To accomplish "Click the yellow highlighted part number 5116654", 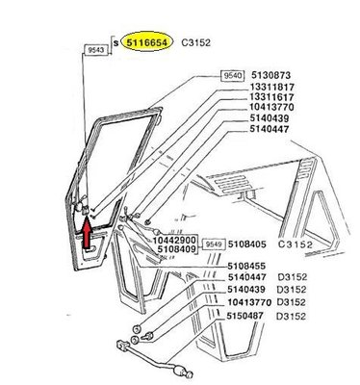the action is [x=147, y=42].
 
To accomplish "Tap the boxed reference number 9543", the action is [x=96, y=50].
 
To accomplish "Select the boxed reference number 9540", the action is [x=233, y=76].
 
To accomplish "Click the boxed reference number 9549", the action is [x=215, y=244].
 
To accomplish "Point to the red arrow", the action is [x=87, y=233].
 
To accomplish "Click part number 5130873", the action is [x=270, y=75].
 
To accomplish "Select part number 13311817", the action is [x=272, y=87].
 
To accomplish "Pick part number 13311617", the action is [x=272, y=96].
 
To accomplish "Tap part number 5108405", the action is [x=247, y=244].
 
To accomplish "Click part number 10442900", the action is [x=174, y=240].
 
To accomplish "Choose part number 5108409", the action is [x=177, y=249].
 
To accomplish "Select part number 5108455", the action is [x=246, y=266].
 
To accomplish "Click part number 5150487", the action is [x=245, y=316].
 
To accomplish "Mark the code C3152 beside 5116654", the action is [x=196, y=42].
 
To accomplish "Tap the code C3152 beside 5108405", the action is [x=296, y=244].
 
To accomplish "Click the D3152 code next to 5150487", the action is [x=292, y=316].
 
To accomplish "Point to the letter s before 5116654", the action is [x=116, y=43].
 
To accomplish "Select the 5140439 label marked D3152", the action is [x=246, y=289].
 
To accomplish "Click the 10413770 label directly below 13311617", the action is [x=272, y=107].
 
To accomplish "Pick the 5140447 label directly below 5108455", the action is [x=247, y=277].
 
